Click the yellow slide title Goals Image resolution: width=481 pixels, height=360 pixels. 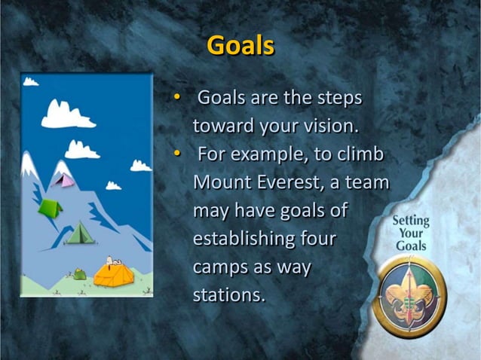coord(240,46)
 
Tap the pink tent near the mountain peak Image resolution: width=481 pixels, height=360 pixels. coord(66,180)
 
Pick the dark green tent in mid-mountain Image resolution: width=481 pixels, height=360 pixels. coord(78,234)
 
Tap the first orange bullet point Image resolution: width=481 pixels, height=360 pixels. coord(177,98)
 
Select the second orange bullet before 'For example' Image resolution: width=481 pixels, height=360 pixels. coord(177,154)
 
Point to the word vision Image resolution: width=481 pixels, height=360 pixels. coord(330,126)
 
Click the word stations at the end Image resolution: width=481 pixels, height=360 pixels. coord(229,294)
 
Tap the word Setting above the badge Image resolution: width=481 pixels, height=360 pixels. coord(411,221)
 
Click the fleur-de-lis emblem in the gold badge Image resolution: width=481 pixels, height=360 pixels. coord(410,294)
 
